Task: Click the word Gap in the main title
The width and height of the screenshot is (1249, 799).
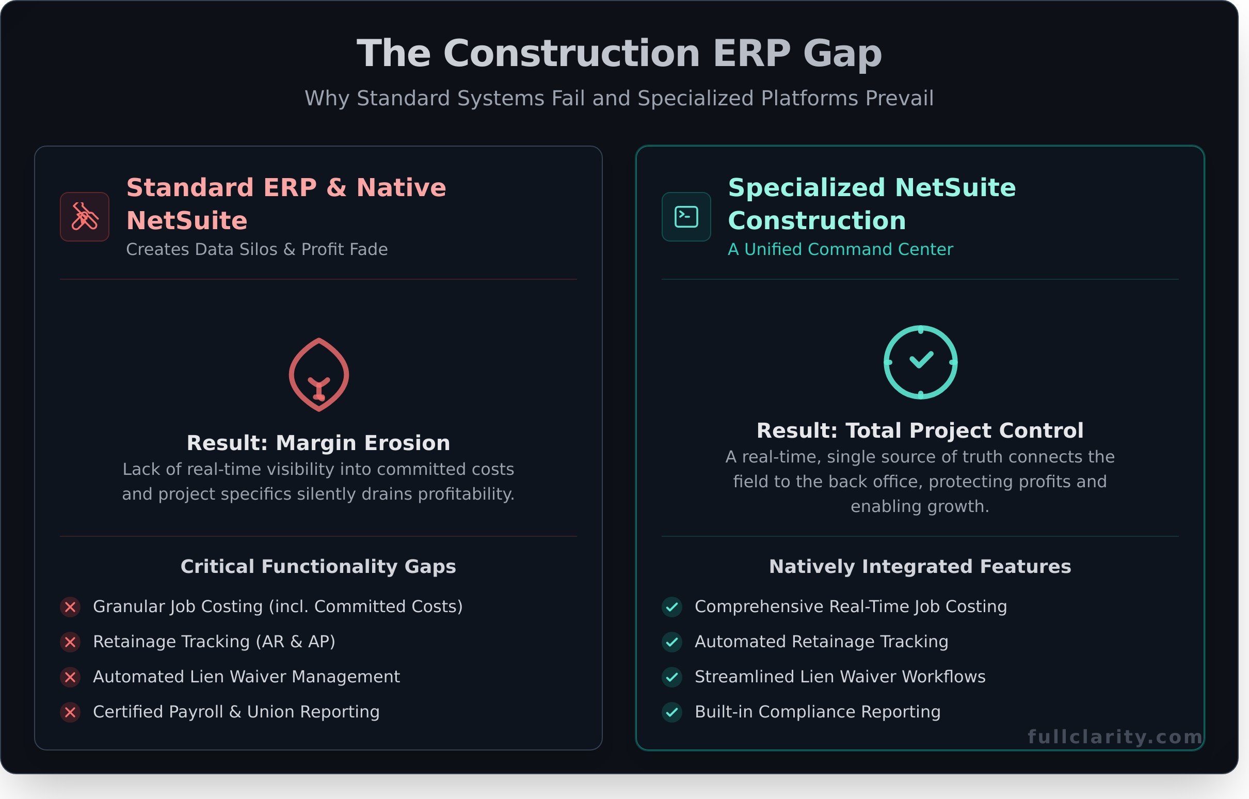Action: click(x=842, y=54)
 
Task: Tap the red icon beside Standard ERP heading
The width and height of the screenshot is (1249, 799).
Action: click(x=85, y=217)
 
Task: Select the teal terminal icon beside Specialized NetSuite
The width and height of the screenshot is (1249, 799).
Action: click(x=686, y=217)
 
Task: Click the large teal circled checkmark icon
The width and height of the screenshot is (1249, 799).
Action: click(x=920, y=362)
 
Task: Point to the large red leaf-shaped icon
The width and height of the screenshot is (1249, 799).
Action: click(x=318, y=375)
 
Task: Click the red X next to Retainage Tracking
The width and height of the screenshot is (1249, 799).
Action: click(x=71, y=642)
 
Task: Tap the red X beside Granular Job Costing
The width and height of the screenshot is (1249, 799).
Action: click(x=71, y=606)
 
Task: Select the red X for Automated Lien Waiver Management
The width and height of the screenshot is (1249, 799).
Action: click(x=71, y=677)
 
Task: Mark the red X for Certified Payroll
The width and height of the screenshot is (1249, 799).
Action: click(x=71, y=712)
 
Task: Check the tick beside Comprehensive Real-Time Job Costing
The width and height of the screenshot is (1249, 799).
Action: click(x=671, y=606)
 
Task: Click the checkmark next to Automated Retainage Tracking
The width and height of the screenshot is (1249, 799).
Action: click(x=671, y=642)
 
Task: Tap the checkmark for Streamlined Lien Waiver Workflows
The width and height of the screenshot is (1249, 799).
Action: click(x=671, y=677)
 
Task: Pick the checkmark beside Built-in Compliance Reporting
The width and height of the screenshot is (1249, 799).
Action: click(x=671, y=712)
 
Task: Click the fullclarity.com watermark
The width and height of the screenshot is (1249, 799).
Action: click(x=1115, y=737)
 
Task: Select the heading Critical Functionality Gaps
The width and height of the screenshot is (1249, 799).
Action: click(x=318, y=567)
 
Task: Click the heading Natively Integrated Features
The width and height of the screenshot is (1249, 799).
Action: click(x=920, y=567)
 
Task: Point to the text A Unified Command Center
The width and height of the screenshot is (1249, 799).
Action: click(x=840, y=249)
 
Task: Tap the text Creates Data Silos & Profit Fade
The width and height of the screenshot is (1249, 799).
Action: click(x=257, y=249)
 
